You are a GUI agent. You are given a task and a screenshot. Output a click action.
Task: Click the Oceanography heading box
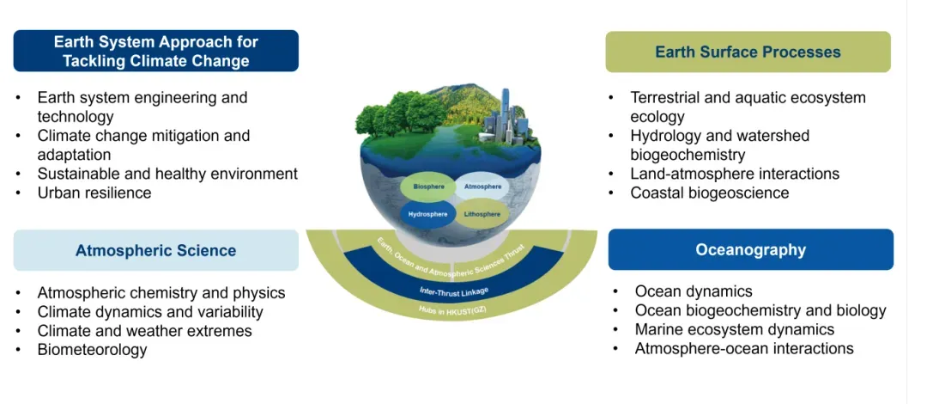750,250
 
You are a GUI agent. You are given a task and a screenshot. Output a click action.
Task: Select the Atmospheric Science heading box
155,251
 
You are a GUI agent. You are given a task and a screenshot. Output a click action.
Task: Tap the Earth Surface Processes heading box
748,52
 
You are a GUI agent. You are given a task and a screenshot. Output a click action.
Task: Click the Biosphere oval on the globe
428,187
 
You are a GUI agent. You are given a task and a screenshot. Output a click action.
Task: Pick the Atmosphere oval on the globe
482,187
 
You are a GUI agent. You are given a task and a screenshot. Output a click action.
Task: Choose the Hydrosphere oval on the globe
426,214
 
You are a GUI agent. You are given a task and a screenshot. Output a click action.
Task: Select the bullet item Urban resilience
94,193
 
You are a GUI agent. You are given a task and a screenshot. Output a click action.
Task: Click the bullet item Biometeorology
92,350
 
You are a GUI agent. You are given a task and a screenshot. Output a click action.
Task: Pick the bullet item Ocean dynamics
694,291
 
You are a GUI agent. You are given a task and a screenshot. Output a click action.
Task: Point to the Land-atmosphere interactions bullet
735,174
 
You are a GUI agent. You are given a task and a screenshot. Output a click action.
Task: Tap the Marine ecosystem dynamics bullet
734,329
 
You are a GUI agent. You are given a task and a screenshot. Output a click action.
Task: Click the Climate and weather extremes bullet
144,331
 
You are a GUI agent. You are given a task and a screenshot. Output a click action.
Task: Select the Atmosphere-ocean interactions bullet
744,348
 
